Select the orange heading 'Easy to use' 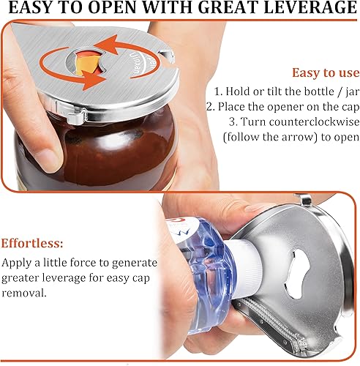[x=326, y=72]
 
